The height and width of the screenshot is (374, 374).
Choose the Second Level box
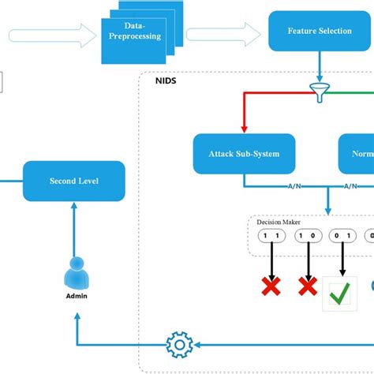[73, 181]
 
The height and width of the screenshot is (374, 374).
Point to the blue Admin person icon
[77, 273]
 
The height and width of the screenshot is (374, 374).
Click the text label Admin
[77, 297]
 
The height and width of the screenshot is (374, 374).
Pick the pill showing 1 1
[271, 236]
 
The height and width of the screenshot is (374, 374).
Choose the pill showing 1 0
[306, 236]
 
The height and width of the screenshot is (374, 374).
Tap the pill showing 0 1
[342, 236]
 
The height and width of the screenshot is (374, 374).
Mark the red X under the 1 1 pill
[271, 287]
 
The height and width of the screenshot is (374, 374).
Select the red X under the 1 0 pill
[306, 287]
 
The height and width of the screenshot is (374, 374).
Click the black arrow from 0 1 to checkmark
[342, 260]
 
